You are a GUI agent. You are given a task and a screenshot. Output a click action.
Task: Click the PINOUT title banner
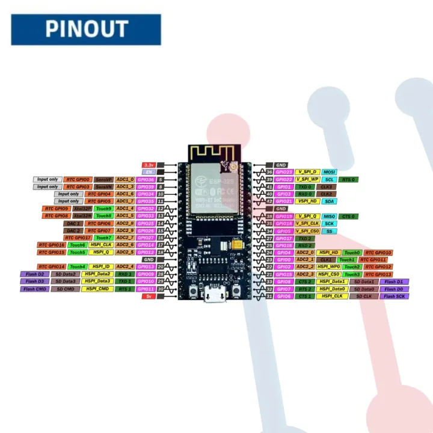[86, 29]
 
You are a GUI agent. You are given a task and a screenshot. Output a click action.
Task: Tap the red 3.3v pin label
[148, 165]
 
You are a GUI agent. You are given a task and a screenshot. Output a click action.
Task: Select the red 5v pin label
[147, 296]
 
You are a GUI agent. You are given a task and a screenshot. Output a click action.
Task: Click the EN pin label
[147, 172]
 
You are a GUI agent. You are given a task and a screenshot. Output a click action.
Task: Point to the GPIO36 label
[146, 179]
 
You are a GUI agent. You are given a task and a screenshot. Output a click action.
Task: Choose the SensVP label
[103, 179]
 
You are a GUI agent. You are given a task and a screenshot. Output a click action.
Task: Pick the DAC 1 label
[72, 223]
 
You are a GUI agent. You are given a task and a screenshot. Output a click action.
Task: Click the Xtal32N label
[83, 216]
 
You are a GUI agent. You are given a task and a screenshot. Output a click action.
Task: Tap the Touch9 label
[103, 209]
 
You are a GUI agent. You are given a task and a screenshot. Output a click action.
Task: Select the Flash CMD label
[34, 289]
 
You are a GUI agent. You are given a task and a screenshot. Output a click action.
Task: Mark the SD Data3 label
[66, 281]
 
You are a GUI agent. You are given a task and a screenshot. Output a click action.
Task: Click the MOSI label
[330, 172]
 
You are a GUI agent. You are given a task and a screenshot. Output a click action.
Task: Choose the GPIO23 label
[284, 172]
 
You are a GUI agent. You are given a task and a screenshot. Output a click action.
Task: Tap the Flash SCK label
[394, 296]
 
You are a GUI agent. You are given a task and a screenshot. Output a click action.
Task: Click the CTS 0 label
[349, 216]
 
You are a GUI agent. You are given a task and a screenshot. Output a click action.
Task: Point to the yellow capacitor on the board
[235, 245]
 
